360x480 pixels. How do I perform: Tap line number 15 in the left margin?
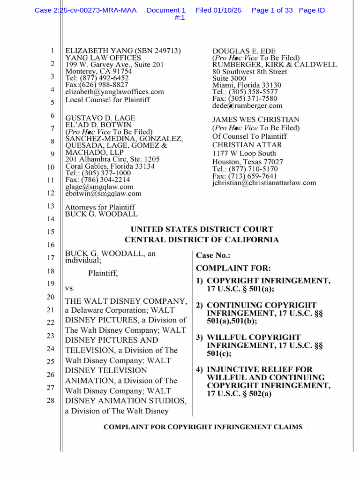pos(51,232)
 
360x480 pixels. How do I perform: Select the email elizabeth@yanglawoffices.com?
pos(114,92)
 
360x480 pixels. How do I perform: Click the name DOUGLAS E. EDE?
pos(244,51)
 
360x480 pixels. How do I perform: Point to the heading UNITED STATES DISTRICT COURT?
pos(202,230)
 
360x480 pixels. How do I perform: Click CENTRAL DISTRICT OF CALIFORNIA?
pos(202,240)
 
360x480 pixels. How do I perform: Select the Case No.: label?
pos(213,255)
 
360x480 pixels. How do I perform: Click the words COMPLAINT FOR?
pos(233,269)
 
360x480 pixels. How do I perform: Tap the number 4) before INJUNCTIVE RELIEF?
pos(200,370)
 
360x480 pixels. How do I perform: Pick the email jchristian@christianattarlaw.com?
pos(264,183)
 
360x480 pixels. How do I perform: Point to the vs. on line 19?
pos(69,287)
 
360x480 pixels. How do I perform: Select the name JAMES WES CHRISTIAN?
pos(256,120)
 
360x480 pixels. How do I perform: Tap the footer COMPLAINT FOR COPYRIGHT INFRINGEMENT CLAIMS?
pos(203,427)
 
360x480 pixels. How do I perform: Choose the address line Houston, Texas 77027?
pos(247,162)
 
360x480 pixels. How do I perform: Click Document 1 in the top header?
pos(166,10)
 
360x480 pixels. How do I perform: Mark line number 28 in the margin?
pos(51,400)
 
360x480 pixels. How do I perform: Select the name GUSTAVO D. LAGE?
pos(100,118)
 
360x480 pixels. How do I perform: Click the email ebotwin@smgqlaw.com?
pos(103,193)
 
